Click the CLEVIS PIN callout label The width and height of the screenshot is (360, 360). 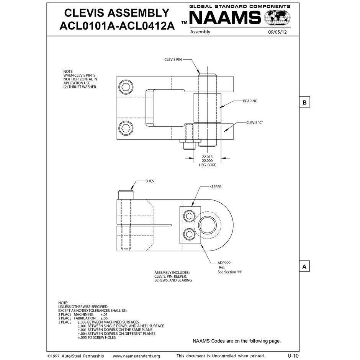(x=173, y=59)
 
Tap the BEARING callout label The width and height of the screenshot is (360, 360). (x=250, y=101)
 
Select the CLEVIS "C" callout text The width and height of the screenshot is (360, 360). (x=254, y=123)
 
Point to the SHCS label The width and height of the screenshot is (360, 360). (x=150, y=181)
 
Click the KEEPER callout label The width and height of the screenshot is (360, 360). (x=215, y=187)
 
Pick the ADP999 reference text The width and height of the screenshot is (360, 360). (x=224, y=263)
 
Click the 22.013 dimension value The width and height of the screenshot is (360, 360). (x=207, y=157)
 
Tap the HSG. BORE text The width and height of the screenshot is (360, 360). (x=207, y=165)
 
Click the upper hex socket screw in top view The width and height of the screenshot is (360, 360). (x=125, y=87)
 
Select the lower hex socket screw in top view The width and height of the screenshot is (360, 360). (x=125, y=128)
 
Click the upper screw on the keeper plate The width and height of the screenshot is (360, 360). (x=188, y=216)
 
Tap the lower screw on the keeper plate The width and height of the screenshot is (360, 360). (x=188, y=234)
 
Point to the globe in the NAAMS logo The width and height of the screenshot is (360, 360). (x=278, y=18)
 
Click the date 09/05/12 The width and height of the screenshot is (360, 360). (x=278, y=32)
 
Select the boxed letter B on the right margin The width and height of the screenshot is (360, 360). (x=304, y=103)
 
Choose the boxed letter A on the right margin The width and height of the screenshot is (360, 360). (x=304, y=267)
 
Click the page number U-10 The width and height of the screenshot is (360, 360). (x=293, y=355)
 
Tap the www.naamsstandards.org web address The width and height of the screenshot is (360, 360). (x=136, y=356)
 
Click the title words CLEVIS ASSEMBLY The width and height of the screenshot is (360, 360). (x=116, y=13)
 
